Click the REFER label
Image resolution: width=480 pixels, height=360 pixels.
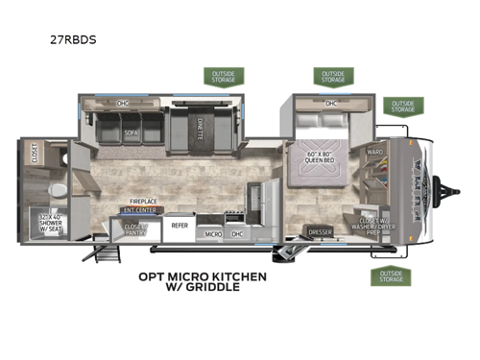[x=180, y=227]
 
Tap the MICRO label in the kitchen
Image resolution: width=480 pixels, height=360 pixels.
[x=214, y=232]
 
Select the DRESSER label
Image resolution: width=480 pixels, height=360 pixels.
[x=320, y=231]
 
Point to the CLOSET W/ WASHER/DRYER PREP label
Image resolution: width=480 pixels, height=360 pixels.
[x=372, y=226]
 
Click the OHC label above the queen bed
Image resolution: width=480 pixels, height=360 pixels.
[x=330, y=104]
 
